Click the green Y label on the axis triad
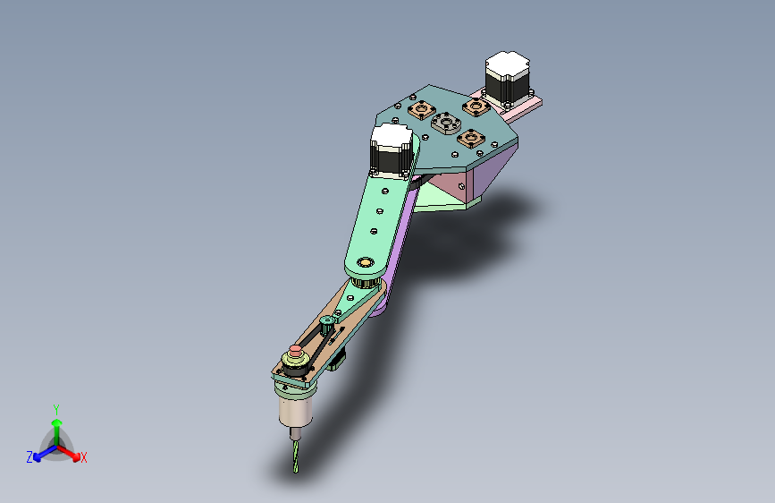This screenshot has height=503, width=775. (x=56, y=408)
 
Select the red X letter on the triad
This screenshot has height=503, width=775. (x=84, y=457)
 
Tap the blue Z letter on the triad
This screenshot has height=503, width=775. (x=29, y=456)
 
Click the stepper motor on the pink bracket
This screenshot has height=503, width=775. (x=507, y=79)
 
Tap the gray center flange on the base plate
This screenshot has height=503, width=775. (x=444, y=122)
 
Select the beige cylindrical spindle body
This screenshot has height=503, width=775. (x=294, y=410)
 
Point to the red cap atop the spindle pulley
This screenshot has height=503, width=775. (x=295, y=348)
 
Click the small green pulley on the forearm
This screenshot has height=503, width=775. (x=327, y=320)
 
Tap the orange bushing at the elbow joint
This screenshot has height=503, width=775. (x=365, y=262)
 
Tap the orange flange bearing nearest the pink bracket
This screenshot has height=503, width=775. (x=475, y=107)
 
